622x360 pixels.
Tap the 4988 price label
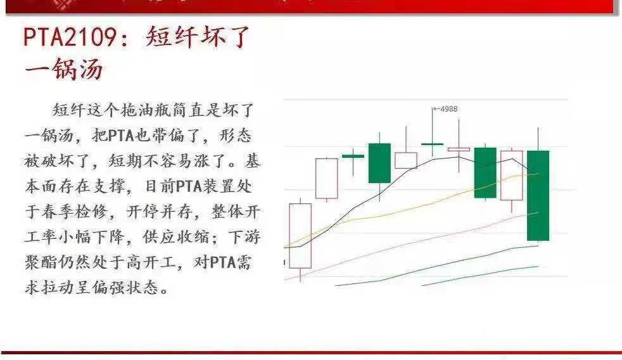pos(448,109)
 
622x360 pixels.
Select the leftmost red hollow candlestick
pos(300,235)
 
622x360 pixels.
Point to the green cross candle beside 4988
pos(433,144)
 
